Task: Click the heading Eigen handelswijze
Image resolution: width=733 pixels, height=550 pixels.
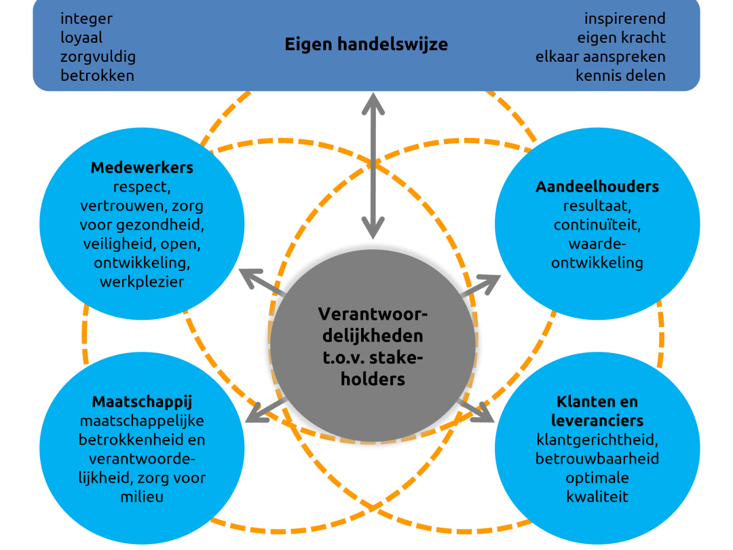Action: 366,44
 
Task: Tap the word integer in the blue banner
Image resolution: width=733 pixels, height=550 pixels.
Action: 86,19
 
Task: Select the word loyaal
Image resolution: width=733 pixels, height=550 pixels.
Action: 81,37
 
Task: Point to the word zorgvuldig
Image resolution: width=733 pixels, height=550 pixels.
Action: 98,57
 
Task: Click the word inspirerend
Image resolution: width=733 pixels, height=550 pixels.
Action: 624,19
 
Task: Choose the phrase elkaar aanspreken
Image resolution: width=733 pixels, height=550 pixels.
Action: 600,57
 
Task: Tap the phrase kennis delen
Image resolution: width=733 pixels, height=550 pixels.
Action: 620,76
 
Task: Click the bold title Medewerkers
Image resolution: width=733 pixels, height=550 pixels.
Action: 142,168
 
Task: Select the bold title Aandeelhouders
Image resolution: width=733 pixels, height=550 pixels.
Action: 597,187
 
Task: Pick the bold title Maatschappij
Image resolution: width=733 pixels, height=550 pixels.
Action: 142,402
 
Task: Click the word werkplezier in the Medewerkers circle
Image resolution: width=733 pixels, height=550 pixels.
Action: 142,282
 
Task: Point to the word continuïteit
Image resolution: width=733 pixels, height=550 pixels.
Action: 597,225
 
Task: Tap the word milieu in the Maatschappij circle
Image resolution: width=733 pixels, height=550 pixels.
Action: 142,496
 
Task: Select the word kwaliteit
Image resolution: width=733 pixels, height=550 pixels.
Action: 597,496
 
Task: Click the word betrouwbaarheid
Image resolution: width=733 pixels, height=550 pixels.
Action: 597,459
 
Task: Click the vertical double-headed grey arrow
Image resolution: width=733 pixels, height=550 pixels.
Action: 373,166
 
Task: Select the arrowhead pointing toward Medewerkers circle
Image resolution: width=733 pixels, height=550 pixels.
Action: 251,277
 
